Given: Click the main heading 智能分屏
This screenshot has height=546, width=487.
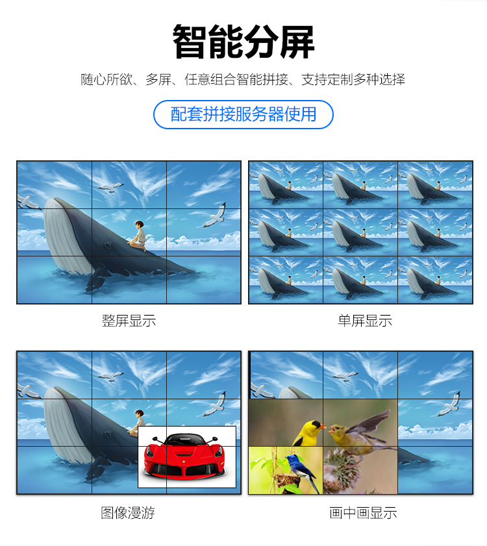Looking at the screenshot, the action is click(243, 42).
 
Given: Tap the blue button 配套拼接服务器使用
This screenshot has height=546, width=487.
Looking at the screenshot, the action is click(243, 114).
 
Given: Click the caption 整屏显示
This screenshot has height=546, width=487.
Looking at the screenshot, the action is click(129, 321).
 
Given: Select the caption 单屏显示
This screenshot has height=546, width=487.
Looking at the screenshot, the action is click(365, 321).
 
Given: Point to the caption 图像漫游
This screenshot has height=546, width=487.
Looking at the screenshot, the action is click(128, 513).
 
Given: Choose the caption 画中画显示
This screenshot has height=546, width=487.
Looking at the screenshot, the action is click(363, 513).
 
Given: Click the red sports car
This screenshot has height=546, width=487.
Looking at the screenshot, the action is click(184, 454).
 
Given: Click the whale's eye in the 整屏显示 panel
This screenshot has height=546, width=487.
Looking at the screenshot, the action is click(106, 245).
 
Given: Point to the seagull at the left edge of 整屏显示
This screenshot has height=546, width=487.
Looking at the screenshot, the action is click(28, 202).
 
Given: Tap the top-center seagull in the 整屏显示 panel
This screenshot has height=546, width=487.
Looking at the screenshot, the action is click(111, 188).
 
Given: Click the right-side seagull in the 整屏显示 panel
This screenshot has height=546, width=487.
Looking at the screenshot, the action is click(216, 215).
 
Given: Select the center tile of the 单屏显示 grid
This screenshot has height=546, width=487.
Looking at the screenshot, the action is click(360, 232).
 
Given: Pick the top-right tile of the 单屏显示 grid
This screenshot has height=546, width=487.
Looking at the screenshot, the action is click(435, 185).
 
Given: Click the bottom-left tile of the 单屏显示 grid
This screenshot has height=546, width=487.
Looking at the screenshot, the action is click(286, 280).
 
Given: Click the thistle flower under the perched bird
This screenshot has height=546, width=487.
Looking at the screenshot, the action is click(342, 468).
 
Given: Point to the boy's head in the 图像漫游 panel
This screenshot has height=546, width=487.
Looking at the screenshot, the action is click(140, 414).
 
